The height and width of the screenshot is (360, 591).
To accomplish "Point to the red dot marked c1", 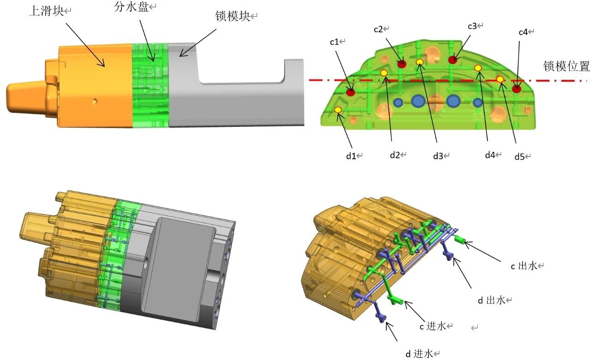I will pyautogui.click(x=351, y=92).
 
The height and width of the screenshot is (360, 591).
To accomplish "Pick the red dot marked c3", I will pyautogui.click(x=454, y=59).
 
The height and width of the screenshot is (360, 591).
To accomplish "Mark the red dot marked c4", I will pyautogui.click(x=516, y=89).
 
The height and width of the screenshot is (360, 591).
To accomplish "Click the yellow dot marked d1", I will pyautogui.click(x=338, y=110).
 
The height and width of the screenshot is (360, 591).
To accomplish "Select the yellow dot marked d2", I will pyautogui.click(x=384, y=72).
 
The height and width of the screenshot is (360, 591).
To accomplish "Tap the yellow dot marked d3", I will pyautogui.click(x=420, y=62).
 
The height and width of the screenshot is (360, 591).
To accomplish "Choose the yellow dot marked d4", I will pyautogui.click(x=478, y=68).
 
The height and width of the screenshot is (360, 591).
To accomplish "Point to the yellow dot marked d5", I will pyautogui.click(x=500, y=79).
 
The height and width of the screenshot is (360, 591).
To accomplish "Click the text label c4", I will pyautogui.click(x=524, y=32).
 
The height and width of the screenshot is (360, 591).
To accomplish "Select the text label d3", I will pyautogui.click(x=438, y=156).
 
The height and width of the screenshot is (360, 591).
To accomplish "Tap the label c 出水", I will pyautogui.click(x=525, y=266).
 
